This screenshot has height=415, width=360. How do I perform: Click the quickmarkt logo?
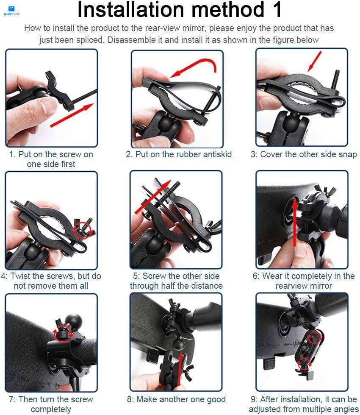pyautogui.click(x=11, y=10)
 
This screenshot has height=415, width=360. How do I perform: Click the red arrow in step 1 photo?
pyautogui.click(x=71, y=115)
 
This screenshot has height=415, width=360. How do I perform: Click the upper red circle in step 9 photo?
pyautogui.click(x=314, y=337)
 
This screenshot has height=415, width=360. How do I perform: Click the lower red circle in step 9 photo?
pyautogui.click(x=304, y=364)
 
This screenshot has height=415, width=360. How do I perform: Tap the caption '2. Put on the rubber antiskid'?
pyautogui.click(x=179, y=154)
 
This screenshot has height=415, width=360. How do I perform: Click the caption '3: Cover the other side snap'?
pyautogui.click(x=304, y=154)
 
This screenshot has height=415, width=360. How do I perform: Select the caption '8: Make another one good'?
pyautogui.click(x=176, y=399)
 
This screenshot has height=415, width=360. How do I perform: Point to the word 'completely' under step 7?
pyautogui.click(x=51, y=409)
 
